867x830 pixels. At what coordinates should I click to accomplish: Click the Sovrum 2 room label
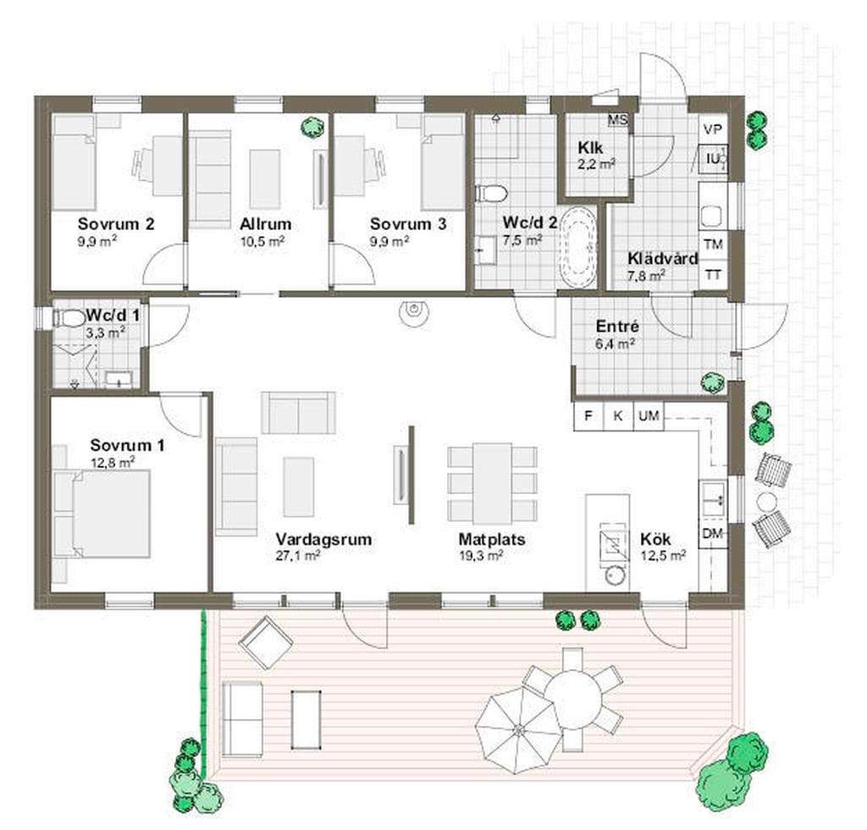116,224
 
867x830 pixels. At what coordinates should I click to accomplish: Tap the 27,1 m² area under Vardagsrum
297,555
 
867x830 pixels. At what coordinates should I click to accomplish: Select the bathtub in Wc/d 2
578,246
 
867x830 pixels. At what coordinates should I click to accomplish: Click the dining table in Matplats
492,483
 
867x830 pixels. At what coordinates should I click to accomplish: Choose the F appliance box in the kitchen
588,415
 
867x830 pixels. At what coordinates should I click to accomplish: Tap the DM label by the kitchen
713,533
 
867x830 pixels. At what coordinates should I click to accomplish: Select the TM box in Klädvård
713,244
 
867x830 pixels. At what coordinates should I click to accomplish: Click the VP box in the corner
713,129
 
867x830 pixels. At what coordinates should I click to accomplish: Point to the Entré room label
617,326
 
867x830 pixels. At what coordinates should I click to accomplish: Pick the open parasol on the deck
518,729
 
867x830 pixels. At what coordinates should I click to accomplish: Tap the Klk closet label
590,147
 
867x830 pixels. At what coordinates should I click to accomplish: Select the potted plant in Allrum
312,128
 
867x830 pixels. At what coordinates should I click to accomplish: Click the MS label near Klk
617,119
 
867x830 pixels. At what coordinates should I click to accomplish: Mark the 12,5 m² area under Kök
663,555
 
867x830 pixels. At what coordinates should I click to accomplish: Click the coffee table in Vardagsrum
299,486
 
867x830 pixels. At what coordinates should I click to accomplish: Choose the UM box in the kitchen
649,415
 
